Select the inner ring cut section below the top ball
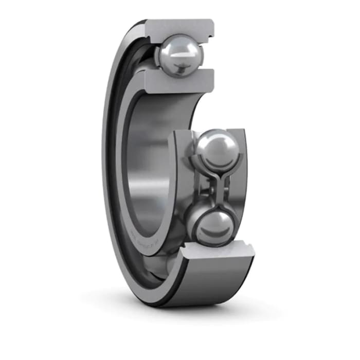coord(177,81)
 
